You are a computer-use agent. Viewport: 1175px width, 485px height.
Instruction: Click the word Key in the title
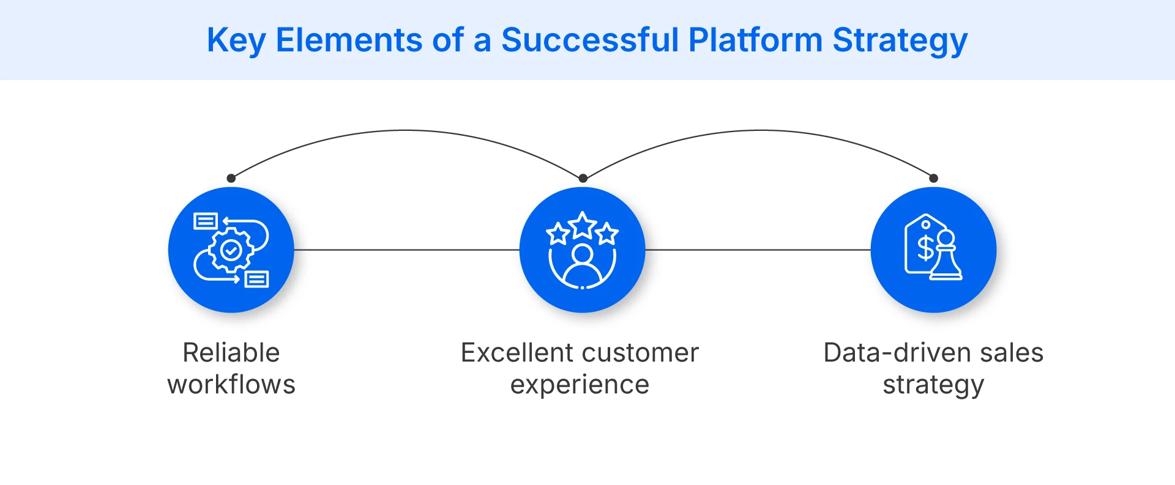(236, 40)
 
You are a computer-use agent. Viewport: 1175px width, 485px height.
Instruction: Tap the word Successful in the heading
(590, 40)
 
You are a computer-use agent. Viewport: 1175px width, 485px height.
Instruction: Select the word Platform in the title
(755, 40)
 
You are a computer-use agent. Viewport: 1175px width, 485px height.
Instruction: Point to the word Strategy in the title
(900, 40)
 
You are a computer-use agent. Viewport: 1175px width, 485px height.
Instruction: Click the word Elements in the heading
(349, 40)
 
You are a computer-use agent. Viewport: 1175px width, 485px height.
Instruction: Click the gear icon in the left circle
(231, 250)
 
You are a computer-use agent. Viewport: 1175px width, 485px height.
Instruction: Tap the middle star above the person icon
(583, 226)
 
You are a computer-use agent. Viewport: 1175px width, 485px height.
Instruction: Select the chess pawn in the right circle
(946, 257)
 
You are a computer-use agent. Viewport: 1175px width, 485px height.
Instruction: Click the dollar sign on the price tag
(925, 248)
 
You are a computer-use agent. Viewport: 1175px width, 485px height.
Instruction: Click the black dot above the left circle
(231, 179)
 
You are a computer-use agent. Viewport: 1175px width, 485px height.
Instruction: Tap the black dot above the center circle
(583, 179)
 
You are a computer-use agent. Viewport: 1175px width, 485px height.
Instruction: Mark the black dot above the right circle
(933, 179)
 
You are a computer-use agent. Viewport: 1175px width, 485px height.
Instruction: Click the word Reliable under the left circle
(231, 353)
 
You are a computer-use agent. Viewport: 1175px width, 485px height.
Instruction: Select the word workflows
(231, 385)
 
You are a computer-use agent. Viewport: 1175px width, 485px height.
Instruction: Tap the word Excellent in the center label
(517, 353)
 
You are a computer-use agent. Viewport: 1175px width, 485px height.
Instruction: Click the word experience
(580, 385)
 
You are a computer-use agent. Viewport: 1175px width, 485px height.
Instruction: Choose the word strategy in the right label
(933, 385)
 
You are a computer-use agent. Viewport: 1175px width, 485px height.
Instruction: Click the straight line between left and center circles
(407, 250)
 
